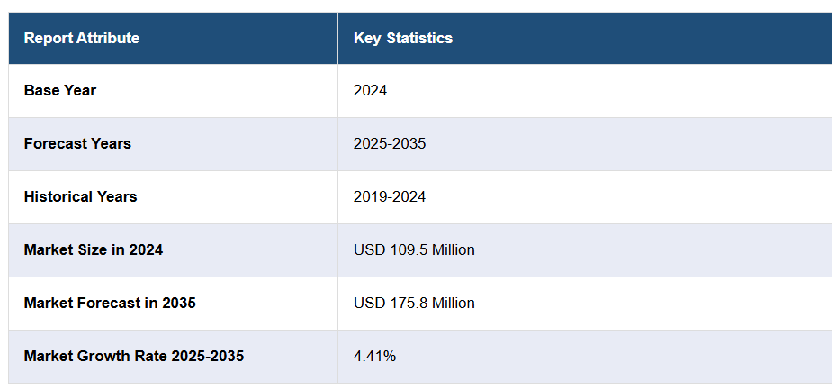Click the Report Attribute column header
82,38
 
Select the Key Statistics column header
403,38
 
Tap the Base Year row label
60,90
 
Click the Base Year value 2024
370,90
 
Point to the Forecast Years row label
77,143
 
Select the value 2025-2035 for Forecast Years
390,143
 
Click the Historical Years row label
81,196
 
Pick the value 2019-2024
390,196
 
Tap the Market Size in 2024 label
94,249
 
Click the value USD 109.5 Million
414,249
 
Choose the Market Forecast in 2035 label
110,303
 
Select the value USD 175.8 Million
414,303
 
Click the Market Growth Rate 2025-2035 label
134,356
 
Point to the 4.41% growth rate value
374,356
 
